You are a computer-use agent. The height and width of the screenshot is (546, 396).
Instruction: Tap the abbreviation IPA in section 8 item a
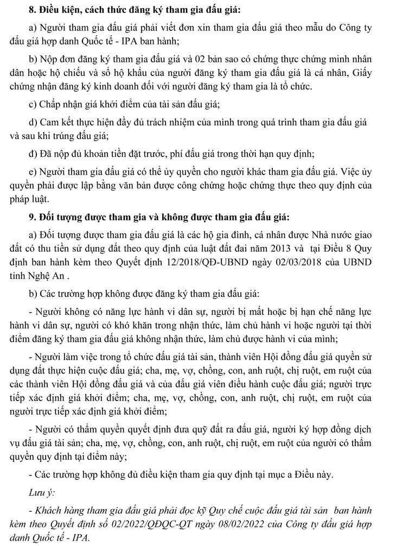point(133,39)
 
